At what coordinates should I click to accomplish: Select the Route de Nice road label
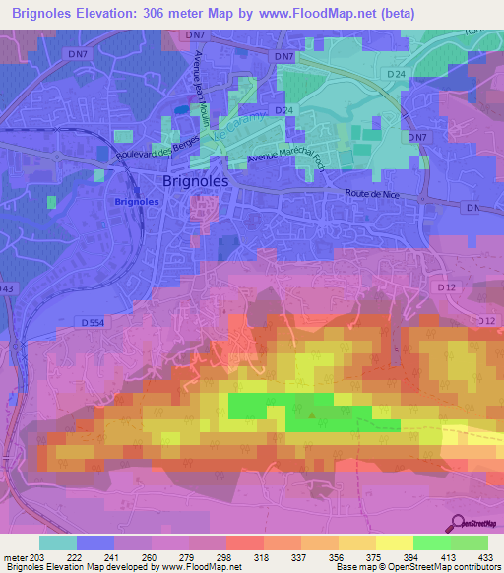(x=369, y=195)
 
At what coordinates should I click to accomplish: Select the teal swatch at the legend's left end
(x=57, y=542)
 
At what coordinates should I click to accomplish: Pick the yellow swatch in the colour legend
(x=394, y=542)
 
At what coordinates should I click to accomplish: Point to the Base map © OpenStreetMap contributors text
(x=417, y=567)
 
